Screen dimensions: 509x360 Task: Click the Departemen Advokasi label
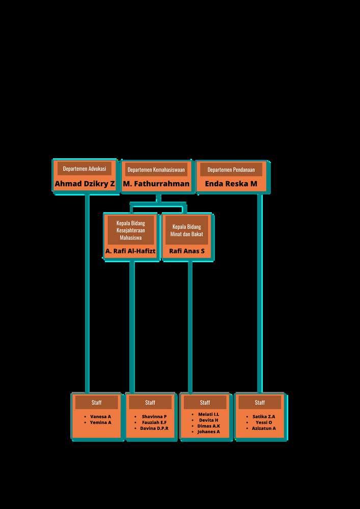85,168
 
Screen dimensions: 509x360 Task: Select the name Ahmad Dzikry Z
85,184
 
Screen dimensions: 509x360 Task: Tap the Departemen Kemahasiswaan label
156,169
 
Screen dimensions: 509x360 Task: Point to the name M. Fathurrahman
156,184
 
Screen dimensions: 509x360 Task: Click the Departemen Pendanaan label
231,169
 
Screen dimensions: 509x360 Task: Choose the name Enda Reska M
231,184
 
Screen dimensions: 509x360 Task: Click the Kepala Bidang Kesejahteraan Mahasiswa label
131,230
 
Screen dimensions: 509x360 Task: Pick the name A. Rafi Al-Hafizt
130,251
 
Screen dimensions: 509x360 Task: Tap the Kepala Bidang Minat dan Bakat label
187,230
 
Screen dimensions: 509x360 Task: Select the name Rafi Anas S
187,251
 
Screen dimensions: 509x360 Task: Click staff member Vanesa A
100,416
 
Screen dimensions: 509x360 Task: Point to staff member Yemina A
100,422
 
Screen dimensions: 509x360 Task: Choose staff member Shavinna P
154,416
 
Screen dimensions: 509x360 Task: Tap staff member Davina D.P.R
154,429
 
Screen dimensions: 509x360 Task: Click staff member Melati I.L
209,414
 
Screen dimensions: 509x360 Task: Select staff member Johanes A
209,432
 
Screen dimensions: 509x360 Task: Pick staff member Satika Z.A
263,416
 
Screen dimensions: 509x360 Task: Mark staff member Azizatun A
263,429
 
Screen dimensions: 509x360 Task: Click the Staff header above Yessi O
260,403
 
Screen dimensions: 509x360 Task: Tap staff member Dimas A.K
209,426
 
